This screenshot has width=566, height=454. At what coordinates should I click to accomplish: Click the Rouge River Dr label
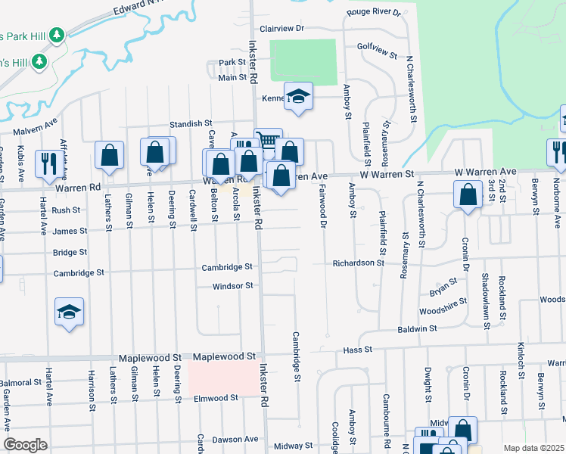373,12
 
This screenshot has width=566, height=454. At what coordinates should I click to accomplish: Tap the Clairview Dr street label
281,28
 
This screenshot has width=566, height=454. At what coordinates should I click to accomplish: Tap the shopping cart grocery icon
268,139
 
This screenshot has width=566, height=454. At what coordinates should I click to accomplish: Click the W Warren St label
387,175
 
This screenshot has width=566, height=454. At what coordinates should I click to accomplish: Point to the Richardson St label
359,263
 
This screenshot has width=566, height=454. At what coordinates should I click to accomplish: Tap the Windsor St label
232,286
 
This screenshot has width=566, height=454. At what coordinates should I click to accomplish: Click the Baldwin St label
418,329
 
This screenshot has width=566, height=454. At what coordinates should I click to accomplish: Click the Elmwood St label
216,398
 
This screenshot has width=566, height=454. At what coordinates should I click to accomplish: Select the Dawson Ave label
235,439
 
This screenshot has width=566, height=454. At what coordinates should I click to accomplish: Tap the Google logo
25,445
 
